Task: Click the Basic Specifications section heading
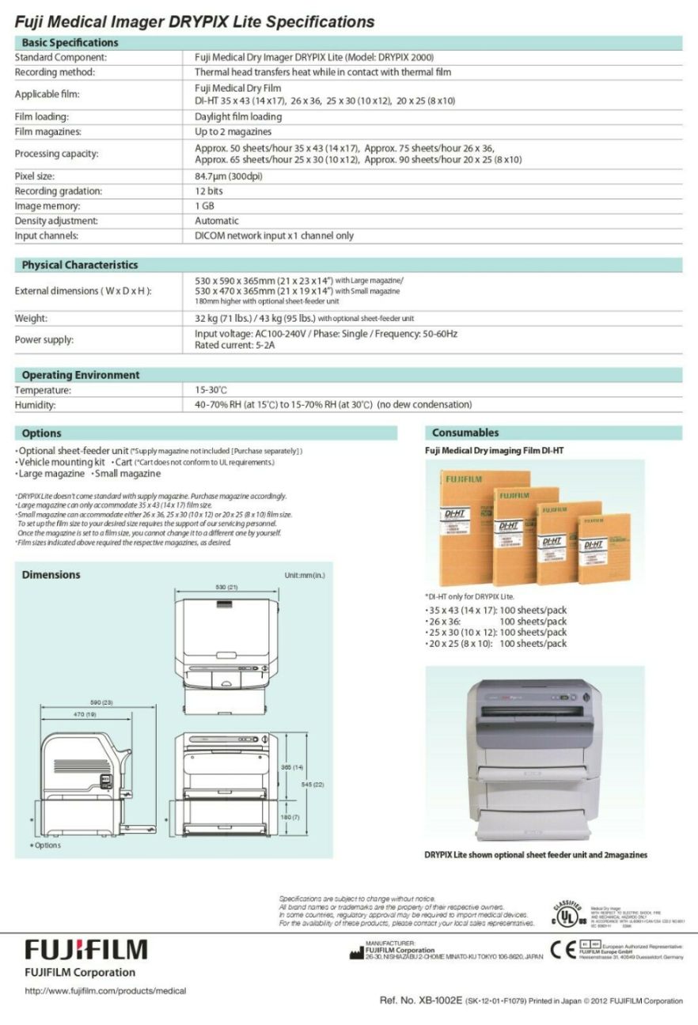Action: pos(70,43)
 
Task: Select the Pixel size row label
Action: pos(35,176)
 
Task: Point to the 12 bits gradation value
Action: pos(209,191)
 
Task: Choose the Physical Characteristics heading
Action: pos(79,265)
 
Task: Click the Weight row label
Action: pos(32,319)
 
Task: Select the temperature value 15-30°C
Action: pos(211,391)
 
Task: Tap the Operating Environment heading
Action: pos(80,375)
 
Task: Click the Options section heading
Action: pos(41,433)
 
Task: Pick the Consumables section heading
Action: pos(465,433)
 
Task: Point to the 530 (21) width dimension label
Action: pos(227,588)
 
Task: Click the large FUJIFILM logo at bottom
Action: pos(86,950)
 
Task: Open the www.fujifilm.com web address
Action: pos(106,991)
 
